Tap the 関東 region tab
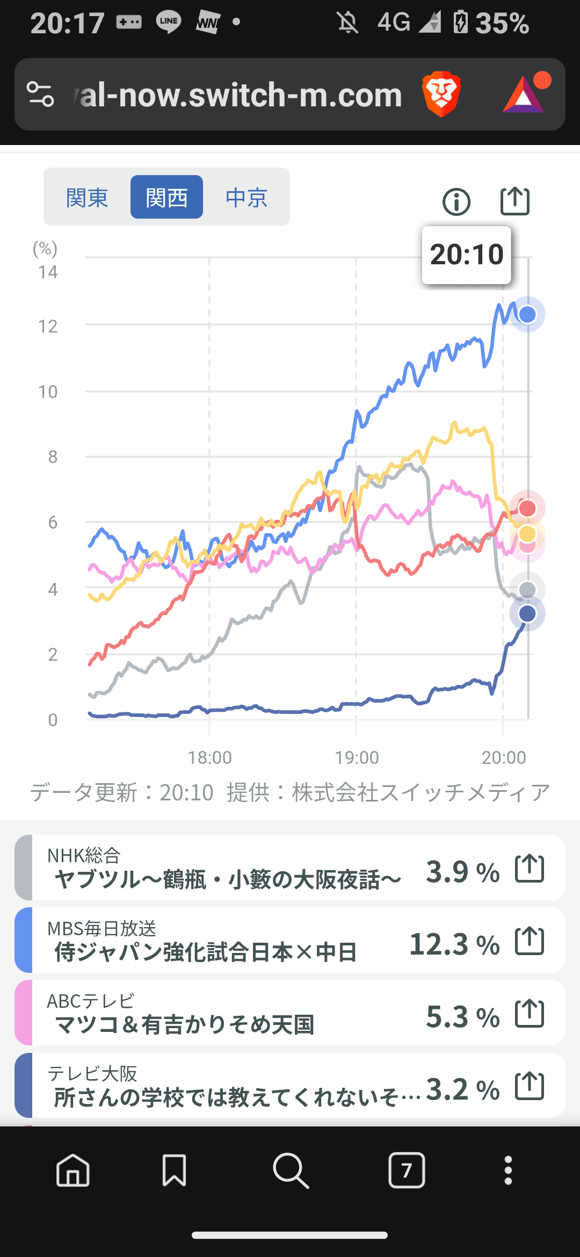[x=87, y=198]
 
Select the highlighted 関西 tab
[x=166, y=198]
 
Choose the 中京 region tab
[x=247, y=198]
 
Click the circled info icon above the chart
[x=456, y=202]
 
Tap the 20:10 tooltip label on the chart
[x=466, y=255]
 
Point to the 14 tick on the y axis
[x=48, y=272]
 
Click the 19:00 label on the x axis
[x=357, y=757]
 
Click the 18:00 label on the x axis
[x=209, y=757]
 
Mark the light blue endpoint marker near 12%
[x=527, y=314]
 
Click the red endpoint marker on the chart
[x=527, y=508]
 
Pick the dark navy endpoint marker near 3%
[x=527, y=613]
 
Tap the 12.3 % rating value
[x=454, y=944]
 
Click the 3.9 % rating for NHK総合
[x=462, y=871]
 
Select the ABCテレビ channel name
[x=90, y=1001]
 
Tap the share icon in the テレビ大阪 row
[x=530, y=1086]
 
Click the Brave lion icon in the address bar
[x=441, y=95]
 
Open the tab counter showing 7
[x=407, y=1170]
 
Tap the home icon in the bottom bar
[x=73, y=1170]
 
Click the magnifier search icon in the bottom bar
[x=291, y=1170]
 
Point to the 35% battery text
[x=502, y=23]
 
